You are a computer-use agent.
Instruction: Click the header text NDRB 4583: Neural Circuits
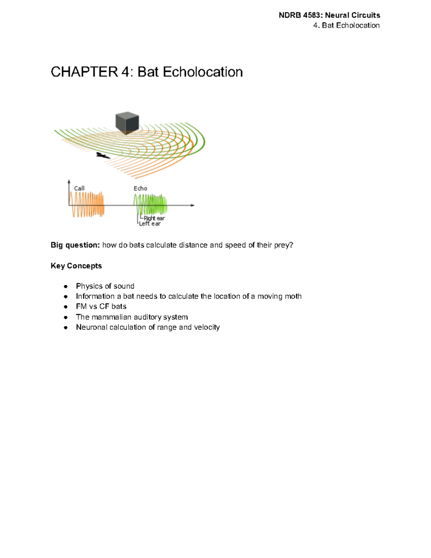click(x=329, y=15)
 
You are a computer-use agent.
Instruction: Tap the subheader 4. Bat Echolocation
click(x=346, y=26)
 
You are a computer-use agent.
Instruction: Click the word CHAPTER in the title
click(x=84, y=72)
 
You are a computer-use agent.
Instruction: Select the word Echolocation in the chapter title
click(x=203, y=72)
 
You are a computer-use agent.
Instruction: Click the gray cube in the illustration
click(x=127, y=123)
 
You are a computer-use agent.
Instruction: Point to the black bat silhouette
click(x=103, y=156)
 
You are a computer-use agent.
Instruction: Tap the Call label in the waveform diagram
click(x=79, y=188)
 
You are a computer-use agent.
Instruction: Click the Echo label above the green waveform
click(x=140, y=188)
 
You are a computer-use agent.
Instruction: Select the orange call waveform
click(x=87, y=204)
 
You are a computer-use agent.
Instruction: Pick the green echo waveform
click(x=150, y=204)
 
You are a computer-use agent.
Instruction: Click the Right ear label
click(x=154, y=218)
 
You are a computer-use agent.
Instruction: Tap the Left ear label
click(x=150, y=223)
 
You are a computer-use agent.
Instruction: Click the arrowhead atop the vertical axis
click(x=69, y=182)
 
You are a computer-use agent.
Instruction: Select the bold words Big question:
click(x=75, y=245)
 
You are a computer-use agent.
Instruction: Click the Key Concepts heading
click(x=76, y=266)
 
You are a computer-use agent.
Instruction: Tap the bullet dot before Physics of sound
click(x=66, y=286)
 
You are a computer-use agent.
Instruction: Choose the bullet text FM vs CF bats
click(x=101, y=306)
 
